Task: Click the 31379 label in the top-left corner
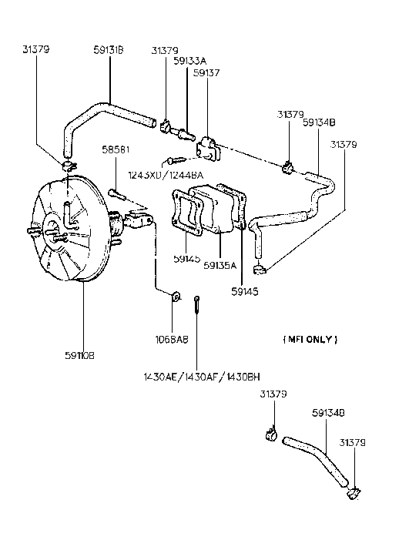click(x=37, y=52)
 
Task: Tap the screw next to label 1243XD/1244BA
click(x=173, y=162)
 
